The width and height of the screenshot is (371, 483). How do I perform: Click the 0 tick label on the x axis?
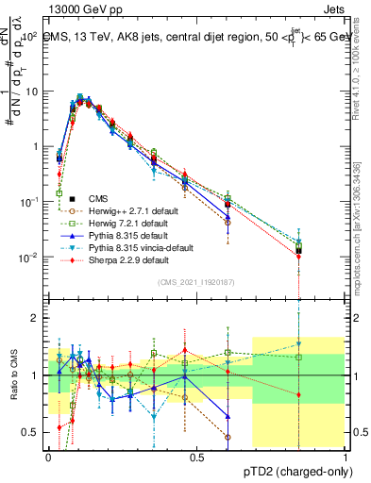pyautogui.click(x=49, y=458)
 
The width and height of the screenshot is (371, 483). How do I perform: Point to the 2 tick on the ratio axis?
pyautogui.click(x=35, y=318)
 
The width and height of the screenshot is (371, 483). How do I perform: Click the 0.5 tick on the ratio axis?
pyautogui.click(x=30, y=433)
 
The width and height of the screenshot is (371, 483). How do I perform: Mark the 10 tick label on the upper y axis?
pyautogui.click(x=31, y=92)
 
